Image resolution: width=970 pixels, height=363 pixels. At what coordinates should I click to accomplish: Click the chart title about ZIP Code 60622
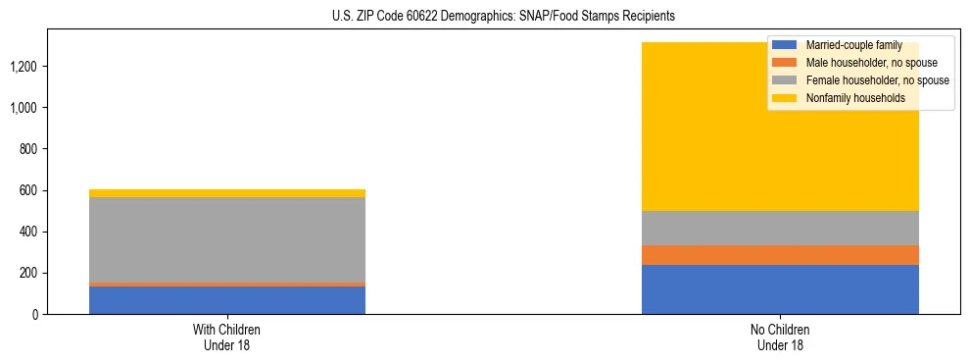tap(485, 17)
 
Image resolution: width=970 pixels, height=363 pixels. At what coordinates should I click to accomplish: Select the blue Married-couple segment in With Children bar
tap(227, 300)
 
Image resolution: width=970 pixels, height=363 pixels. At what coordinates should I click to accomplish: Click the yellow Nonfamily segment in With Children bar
tap(227, 193)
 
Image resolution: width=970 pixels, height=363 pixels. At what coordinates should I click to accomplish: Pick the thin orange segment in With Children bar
tap(227, 285)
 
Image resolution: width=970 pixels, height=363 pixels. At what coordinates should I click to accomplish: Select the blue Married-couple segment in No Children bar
tap(780, 289)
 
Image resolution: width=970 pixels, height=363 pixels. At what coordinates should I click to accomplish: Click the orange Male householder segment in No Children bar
tap(780, 255)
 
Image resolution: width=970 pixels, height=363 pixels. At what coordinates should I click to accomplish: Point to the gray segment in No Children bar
tap(780, 228)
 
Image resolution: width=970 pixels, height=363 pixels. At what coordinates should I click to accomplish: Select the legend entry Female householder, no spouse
tap(875, 80)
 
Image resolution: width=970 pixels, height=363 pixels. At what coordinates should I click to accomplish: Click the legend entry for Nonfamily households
tap(848, 98)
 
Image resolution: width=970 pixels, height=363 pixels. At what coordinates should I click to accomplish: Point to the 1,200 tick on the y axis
tap(24, 67)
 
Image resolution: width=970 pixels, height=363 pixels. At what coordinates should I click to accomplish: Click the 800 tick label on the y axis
tap(28, 149)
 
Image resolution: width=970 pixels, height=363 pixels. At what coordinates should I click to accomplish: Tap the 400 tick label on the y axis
tap(28, 232)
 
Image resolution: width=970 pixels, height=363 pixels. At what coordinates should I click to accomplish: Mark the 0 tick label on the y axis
tap(34, 314)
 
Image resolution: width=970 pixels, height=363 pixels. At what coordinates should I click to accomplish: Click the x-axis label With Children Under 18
tap(227, 337)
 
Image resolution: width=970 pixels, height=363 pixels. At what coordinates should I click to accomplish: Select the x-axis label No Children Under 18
tap(780, 337)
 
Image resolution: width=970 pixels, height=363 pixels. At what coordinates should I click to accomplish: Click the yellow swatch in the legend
tap(785, 98)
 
